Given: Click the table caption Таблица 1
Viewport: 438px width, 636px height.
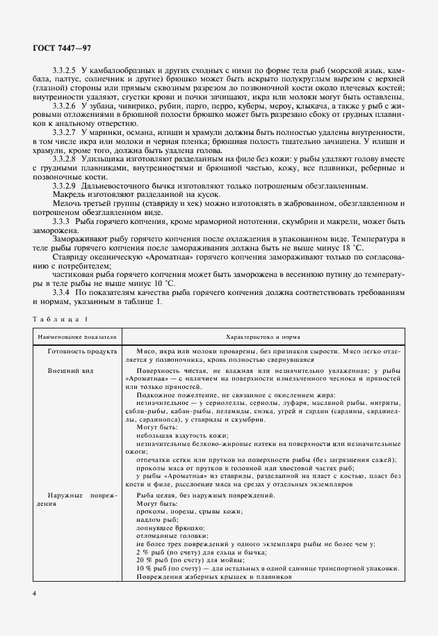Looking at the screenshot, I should pos(60,318).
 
